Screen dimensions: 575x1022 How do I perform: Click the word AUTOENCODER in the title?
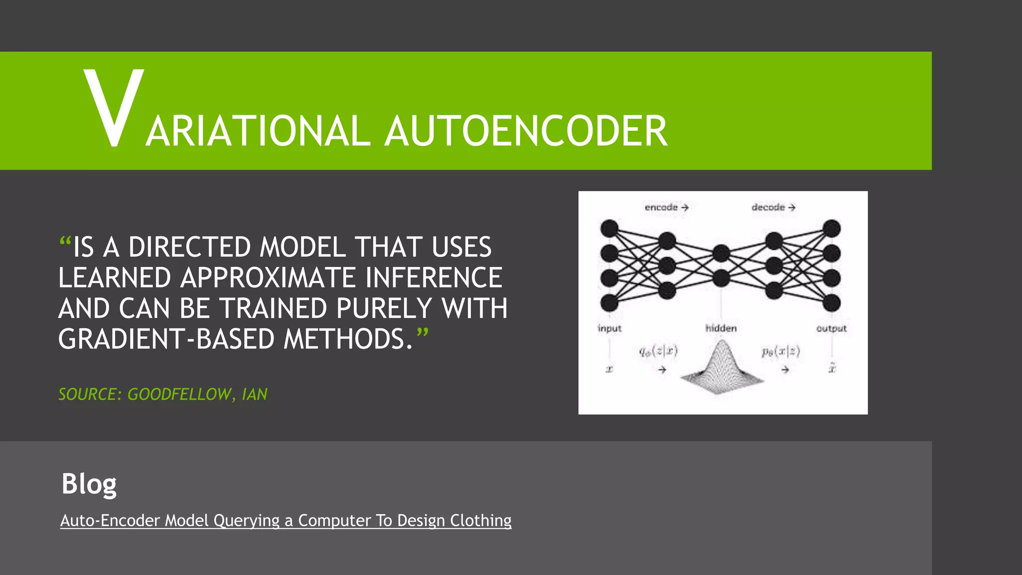(526, 131)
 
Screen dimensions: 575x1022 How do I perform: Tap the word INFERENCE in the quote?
(433, 278)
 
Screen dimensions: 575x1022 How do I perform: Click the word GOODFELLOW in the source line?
(179, 394)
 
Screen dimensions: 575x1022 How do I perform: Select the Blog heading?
(89, 484)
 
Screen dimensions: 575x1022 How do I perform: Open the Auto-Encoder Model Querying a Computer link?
(285, 521)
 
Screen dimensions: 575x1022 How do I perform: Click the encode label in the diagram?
(661, 207)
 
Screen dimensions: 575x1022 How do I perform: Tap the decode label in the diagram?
(768, 207)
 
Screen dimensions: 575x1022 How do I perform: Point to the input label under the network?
(609, 328)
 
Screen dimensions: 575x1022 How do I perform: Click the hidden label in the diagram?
(721, 328)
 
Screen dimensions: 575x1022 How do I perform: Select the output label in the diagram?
(831, 328)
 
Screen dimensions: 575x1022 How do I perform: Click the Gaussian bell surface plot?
(721, 369)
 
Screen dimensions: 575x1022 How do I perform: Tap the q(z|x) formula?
(659, 351)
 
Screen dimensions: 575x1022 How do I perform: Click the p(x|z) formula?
(781, 352)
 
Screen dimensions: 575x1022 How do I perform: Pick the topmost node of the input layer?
(609, 229)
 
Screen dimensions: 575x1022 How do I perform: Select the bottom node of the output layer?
(831, 302)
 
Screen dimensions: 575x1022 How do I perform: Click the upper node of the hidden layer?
(721, 253)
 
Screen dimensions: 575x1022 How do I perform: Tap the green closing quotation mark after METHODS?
(422, 333)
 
